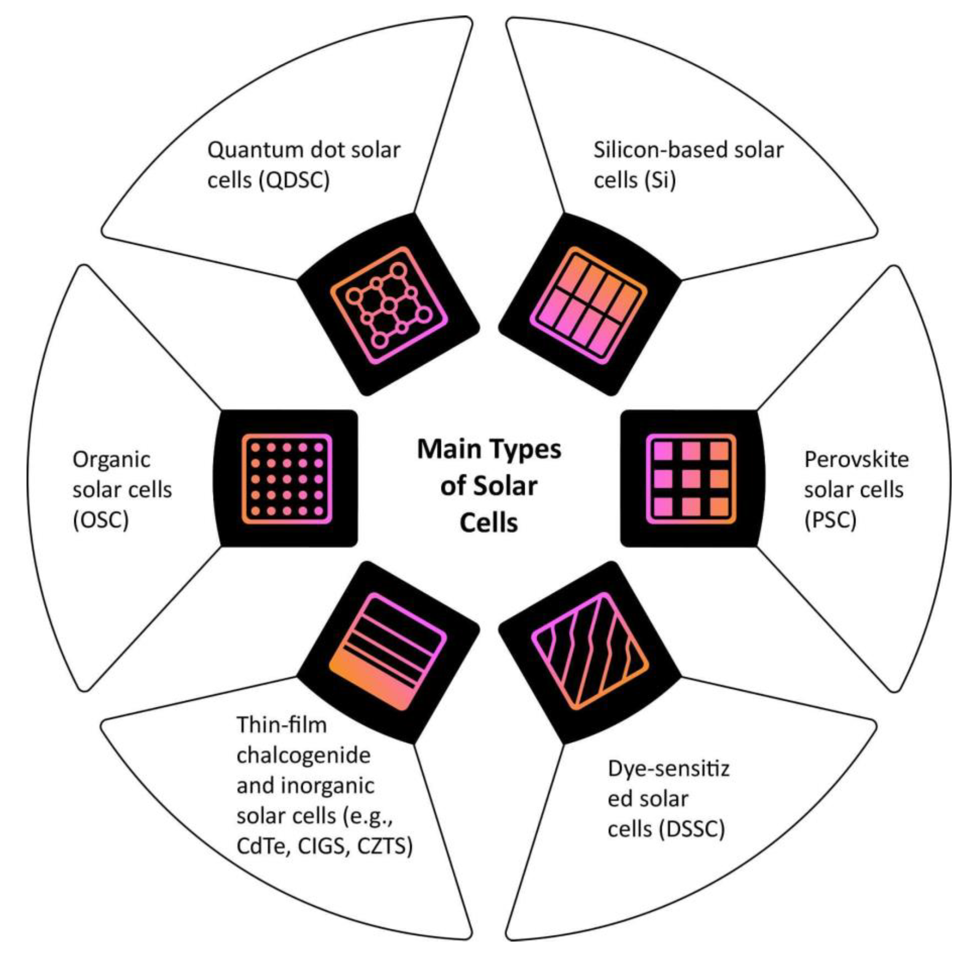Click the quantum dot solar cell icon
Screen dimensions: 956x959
click(389, 304)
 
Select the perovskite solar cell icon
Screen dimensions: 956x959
click(691, 479)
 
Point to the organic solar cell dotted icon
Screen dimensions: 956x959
click(287, 479)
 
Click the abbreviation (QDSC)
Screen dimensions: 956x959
click(294, 180)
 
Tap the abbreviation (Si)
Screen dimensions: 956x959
click(660, 180)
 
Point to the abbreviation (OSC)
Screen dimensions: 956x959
click(101, 520)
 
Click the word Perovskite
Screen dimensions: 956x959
click(856, 459)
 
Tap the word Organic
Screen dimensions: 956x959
click(111, 459)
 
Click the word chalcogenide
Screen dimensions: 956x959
click(303, 756)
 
